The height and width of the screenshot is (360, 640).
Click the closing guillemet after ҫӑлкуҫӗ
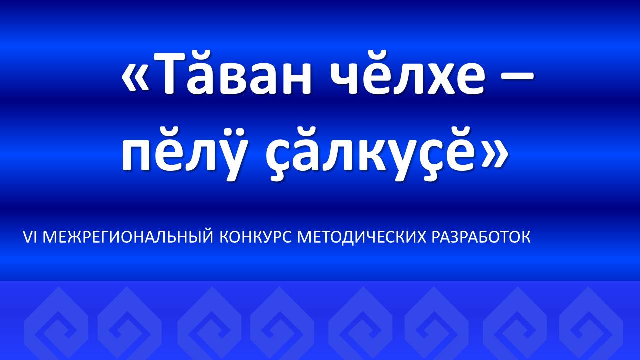coord(495,155)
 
